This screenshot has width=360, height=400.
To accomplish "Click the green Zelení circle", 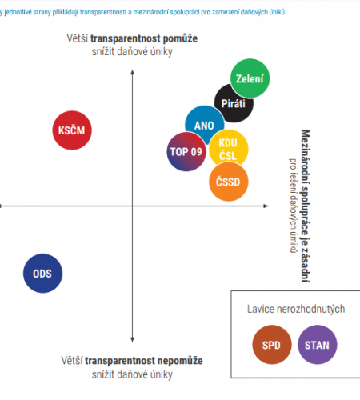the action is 250,78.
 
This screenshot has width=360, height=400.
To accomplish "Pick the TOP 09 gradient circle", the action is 186,151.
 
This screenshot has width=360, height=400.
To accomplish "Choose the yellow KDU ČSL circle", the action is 229,149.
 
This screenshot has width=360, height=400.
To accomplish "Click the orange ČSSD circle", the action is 228,182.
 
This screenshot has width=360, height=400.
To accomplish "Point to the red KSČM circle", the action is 72,130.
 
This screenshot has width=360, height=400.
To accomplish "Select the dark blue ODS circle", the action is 42,274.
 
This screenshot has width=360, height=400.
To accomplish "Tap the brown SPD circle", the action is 272,345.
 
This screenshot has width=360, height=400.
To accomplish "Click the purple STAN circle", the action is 317,345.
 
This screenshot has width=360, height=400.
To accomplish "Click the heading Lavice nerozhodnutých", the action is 296,309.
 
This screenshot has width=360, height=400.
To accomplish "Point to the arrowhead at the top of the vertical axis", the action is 132,72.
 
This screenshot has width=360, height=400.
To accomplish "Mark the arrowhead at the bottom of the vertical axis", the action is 132,340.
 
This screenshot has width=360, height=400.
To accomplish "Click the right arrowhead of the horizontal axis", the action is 266,206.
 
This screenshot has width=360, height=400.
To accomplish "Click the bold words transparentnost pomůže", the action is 144,38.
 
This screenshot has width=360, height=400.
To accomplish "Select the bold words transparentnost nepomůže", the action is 144,361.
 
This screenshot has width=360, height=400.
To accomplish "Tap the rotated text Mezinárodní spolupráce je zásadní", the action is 306,206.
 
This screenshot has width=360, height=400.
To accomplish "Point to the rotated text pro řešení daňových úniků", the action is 293,206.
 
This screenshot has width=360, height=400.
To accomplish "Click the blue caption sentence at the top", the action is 143,12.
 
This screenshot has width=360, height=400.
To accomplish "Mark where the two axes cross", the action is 132,206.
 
